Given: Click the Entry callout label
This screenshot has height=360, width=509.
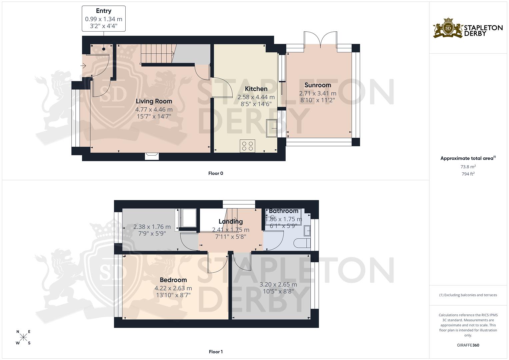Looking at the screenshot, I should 103,11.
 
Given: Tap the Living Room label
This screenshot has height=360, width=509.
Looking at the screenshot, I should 154,101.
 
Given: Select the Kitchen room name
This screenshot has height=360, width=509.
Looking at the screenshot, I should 256,89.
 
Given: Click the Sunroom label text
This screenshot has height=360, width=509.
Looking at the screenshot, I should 318,85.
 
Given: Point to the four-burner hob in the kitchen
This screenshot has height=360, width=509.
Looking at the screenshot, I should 247,146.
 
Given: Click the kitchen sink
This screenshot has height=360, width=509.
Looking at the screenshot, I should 272,128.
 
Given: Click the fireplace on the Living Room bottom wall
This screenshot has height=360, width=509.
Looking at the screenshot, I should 152,155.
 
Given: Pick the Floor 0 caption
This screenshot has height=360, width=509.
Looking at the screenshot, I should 215,173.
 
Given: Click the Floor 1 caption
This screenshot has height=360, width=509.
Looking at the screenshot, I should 215,352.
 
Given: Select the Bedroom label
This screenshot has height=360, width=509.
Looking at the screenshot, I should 173,280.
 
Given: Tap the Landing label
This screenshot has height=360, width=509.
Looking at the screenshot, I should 230,222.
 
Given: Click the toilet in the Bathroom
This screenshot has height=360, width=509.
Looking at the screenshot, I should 305,243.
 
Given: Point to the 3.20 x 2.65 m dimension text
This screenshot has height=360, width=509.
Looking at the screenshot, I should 278,285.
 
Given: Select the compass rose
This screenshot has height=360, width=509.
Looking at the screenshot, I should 23,337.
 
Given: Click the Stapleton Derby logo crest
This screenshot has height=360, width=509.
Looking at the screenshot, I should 448,28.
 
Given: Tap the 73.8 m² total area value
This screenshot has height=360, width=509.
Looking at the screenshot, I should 468,167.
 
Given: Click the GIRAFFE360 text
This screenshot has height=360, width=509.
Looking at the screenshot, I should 468,345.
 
